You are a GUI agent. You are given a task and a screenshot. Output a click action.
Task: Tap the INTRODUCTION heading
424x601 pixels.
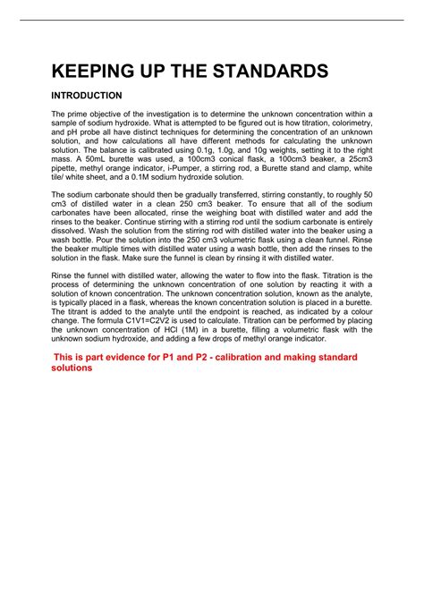[87, 95]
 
